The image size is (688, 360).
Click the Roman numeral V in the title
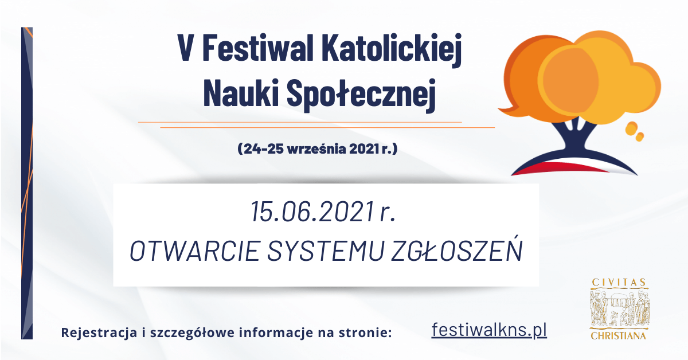(186, 48)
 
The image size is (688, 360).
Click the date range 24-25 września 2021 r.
(318, 148)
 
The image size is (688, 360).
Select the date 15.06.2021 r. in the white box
(323, 212)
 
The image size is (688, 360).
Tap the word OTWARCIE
(195, 251)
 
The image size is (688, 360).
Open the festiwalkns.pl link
(489, 331)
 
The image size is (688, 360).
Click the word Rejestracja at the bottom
(99, 332)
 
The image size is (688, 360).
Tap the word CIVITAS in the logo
(619, 282)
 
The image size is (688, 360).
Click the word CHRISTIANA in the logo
(618, 335)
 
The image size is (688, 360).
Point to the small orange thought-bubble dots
(635, 131)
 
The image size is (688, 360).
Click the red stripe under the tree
(562, 169)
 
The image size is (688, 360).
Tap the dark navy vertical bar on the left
(27, 183)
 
